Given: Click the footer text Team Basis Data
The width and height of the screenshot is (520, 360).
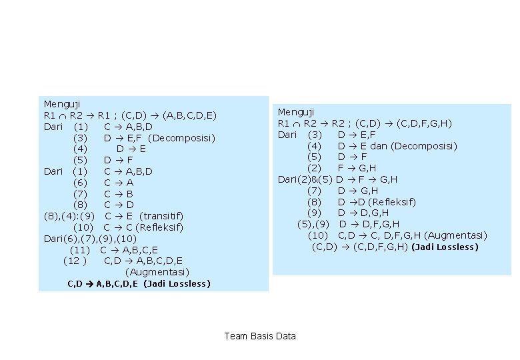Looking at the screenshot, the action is pyautogui.click(x=260, y=336).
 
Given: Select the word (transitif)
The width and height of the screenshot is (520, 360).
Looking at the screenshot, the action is pyautogui.click(x=161, y=217).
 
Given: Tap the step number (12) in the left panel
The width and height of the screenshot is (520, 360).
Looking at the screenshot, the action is pyautogui.click(x=75, y=261).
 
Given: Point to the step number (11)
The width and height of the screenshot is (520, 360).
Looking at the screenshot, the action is pyautogui.click(x=80, y=250).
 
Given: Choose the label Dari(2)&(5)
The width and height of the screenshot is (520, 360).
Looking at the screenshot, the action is pyautogui.click(x=305, y=180).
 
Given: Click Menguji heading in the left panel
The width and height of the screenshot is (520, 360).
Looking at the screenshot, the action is pyautogui.click(x=62, y=105).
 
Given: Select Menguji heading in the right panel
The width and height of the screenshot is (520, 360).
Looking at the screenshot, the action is pyautogui.click(x=296, y=113).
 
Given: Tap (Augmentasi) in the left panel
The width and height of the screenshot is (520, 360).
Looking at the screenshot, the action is pyautogui.click(x=157, y=273).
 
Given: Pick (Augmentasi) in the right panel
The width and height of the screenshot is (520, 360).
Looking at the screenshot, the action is pyautogui.click(x=455, y=236).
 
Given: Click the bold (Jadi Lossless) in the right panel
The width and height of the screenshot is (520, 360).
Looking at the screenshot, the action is pyautogui.click(x=445, y=247).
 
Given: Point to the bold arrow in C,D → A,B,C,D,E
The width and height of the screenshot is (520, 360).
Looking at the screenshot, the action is pyautogui.click(x=89, y=284).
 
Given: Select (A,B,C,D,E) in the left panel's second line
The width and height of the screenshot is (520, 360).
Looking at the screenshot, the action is pyautogui.click(x=189, y=116).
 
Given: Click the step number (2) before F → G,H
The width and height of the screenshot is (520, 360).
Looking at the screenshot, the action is pyautogui.click(x=314, y=169).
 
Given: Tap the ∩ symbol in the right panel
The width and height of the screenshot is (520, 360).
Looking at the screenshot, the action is pyautogui.click(x=296, y=125).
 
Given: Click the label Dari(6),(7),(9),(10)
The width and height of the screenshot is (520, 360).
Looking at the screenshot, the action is pyautogui.click(x=90, y=239).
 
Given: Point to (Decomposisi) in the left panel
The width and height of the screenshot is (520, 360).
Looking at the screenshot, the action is pyautogui.click(x=182, y=138).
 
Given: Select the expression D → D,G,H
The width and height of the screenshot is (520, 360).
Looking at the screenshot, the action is pyautogui.click(x=363, y=213).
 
